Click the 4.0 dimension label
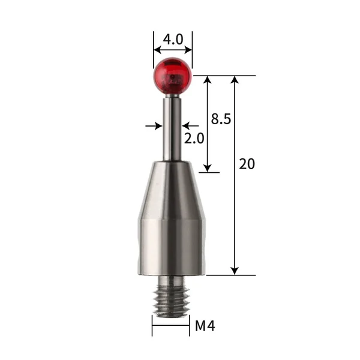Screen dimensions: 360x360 [173, 40]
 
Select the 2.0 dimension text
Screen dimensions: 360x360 [194, 138]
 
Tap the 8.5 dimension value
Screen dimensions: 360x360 [221, 119]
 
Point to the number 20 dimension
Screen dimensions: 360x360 [247, 164]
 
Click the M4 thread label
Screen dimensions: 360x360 [205, 326]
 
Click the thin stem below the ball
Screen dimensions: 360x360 [173, 126]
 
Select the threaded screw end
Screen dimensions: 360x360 [172, 297]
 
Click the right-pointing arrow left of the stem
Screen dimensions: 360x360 [157, 126]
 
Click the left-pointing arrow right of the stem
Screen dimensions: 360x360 [187, 126]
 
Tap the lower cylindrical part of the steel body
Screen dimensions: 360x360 [172, 246]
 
